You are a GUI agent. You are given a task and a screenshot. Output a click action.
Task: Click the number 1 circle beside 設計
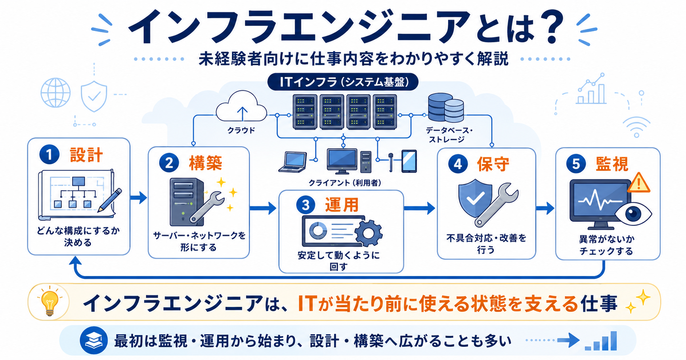tap(49, 154)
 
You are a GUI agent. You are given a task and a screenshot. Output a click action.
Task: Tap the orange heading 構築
tap(205, 163)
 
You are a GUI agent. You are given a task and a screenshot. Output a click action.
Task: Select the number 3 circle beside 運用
tap(306, 205)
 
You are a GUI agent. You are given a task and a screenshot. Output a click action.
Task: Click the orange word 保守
tap(493, 164)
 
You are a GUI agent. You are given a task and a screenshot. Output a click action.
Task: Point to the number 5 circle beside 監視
tap(576, 164)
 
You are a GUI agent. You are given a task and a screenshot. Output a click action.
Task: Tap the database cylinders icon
tap(446, 107)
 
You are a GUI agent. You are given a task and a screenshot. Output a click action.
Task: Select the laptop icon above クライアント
tap(293, 162)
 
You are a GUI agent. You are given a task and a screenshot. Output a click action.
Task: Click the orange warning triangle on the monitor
tap(638, 183)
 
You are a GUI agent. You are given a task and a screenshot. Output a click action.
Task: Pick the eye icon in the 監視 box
tap(633, 214)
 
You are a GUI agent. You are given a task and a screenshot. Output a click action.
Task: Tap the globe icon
tap(55, 93)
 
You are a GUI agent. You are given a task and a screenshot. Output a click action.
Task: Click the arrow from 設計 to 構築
tap(138, 197)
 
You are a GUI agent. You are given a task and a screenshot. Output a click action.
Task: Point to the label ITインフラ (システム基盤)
tap(343, 82)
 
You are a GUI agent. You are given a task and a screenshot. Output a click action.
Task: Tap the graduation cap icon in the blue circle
tap(94, 340)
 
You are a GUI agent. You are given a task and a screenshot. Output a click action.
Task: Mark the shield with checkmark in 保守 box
tap(475, 198)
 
